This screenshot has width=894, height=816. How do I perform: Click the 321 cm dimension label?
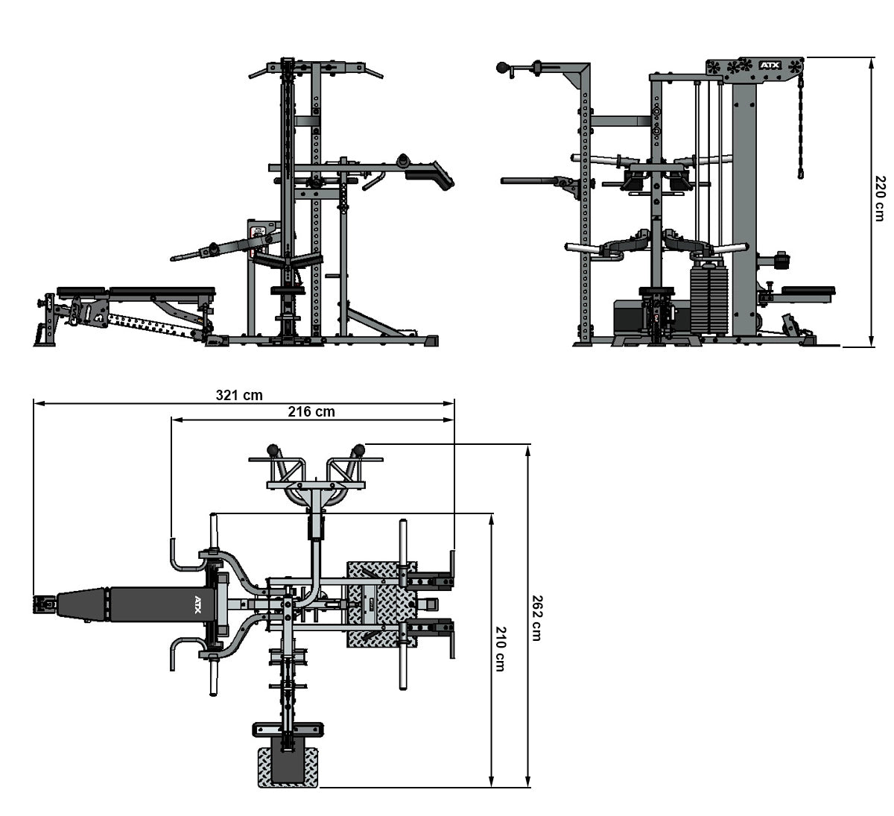point(239,395)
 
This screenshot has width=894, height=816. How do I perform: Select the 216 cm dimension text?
point(311,411)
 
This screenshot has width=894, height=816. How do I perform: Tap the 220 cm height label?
point(881,198)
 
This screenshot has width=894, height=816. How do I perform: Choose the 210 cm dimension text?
point(500,649)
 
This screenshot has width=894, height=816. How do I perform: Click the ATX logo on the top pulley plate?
point(768,66)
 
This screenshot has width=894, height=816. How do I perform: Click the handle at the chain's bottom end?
point(801,174)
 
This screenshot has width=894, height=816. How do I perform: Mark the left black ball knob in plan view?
point(273,449)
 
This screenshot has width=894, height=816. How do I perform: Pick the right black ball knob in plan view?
point(359,449)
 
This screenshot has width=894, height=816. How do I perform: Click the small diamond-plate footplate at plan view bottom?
point(288,768)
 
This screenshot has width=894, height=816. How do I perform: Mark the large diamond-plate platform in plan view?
point(379,602)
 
